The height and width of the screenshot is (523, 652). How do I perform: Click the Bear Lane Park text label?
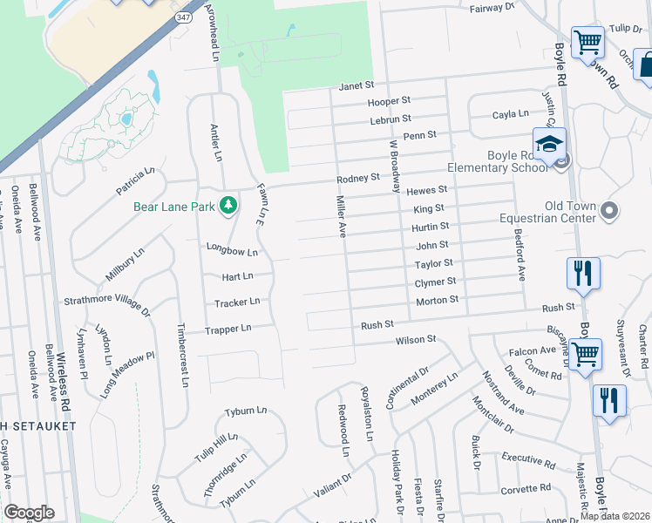tap(173, 207)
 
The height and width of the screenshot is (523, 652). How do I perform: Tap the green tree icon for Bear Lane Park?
tap(228, 206)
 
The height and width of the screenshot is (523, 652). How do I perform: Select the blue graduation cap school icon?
tap(549, 145)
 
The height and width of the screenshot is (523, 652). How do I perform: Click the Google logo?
tap(29, 513)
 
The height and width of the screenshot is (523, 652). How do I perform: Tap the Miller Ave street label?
tap(342, 216)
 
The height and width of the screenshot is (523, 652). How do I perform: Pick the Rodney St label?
tap(359, 178)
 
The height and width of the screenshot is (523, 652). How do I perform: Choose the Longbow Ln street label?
tap(232, 251)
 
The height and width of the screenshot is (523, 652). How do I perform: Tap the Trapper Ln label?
tap(228, 329)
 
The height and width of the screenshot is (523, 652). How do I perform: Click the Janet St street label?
tap(356, 85)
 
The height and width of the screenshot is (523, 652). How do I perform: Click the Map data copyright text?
tap(614, 516)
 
